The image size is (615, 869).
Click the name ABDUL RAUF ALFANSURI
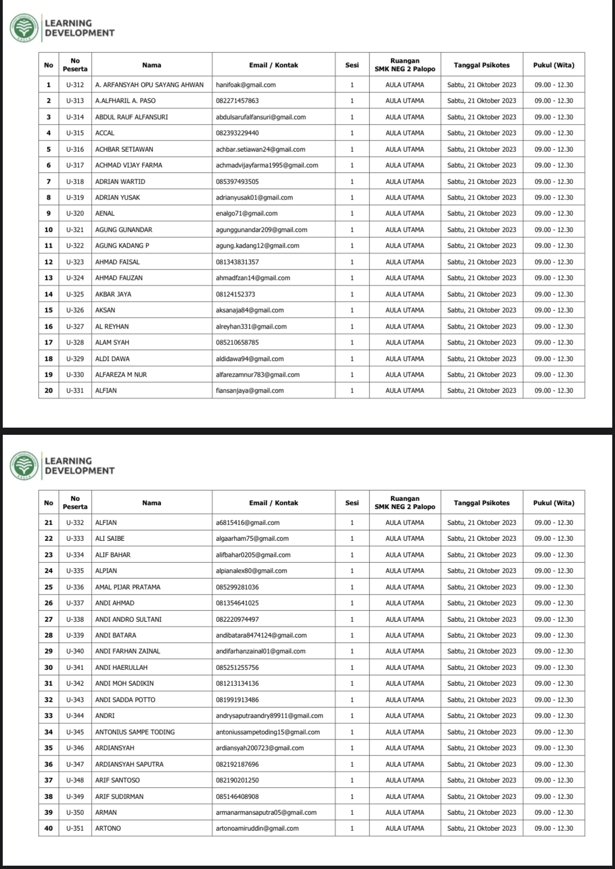[131, 117]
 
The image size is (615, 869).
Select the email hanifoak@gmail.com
[245, 85]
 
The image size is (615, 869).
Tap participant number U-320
[75, 213]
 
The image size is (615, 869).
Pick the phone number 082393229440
[237, 133]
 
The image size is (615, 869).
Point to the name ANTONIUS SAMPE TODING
[134, 732]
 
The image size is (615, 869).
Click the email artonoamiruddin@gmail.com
[257, 828]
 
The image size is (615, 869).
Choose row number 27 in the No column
[49, 619]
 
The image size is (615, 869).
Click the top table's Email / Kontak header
[273, 65]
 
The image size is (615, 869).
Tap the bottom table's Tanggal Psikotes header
[481, 503]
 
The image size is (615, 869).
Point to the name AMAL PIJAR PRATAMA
[127, 587]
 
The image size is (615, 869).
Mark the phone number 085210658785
[237, 342]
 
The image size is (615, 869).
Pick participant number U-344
[75, 715]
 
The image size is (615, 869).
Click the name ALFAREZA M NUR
[121, 375]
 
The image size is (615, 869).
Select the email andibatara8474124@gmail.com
[261, 635]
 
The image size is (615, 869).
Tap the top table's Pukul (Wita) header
[553, 65]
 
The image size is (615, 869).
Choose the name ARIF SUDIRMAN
[119, 796]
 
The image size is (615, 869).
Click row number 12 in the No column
[49, 262]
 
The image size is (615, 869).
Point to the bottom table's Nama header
[151, 503]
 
